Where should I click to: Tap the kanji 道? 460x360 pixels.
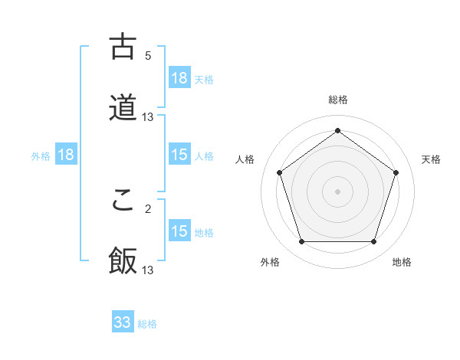(x=123, y=107)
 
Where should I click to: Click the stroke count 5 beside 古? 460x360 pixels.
(x=148, y=55)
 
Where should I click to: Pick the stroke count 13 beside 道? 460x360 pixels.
(x=148, y=116)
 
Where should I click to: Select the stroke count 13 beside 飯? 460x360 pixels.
(x=148, y=270)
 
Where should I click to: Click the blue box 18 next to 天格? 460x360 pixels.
(x=179, y=78)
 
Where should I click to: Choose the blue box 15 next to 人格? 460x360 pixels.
(x=179, y=155)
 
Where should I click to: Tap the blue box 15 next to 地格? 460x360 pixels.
(x=179, y=231)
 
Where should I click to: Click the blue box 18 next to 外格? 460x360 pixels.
(x=66, y=155)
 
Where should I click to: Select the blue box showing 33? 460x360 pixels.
(x=123, y=322)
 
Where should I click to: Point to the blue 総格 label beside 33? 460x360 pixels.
(x=147, y=324)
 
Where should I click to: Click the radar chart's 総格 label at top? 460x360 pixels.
(x=338, y=100)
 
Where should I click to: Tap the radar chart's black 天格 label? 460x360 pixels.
(x=432, y=159)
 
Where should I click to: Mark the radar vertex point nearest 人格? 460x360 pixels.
(x=280, y=172)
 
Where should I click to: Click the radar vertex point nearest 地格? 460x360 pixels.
(x=373, y=242)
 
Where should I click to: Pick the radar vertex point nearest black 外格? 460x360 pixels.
(x=301, y=242)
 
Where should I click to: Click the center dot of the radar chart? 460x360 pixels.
(x=337, y=191)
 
